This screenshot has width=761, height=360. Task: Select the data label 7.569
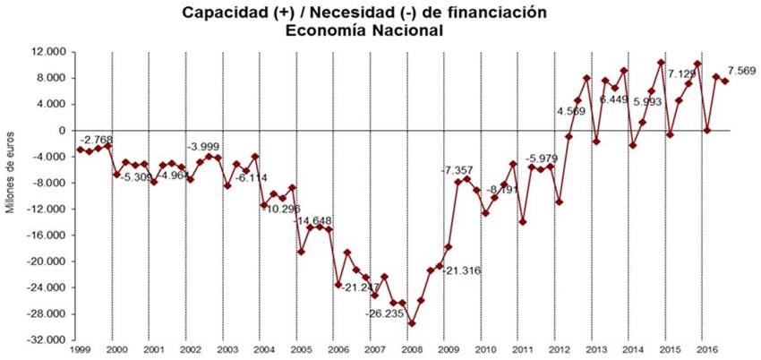point(744,71)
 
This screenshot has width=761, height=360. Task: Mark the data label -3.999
point(202,146)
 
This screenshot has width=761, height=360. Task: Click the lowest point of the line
point(412,323)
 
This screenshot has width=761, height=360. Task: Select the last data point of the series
point(725,81)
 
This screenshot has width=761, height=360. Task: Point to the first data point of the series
point(80,149)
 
